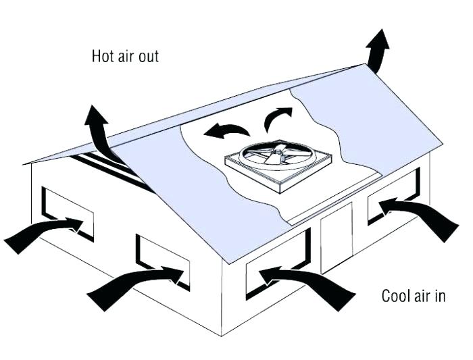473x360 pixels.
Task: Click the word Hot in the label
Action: click(x=102, y=55)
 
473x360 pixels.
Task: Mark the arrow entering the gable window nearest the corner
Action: click(x=132, y=284)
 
